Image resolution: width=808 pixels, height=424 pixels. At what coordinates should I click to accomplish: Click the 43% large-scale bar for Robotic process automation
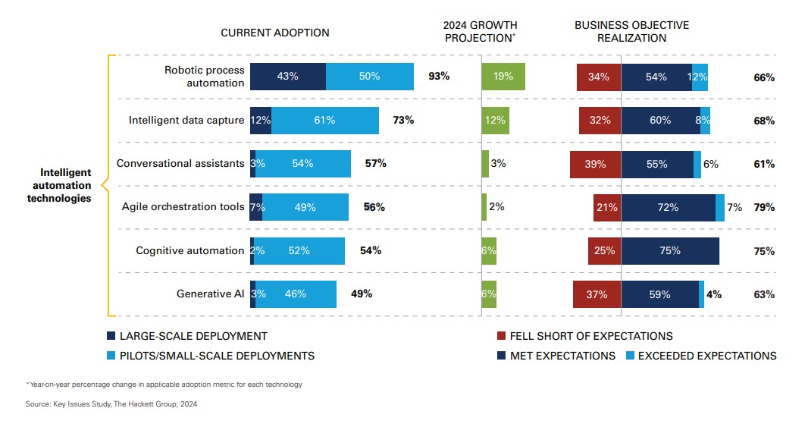tap(288, 77)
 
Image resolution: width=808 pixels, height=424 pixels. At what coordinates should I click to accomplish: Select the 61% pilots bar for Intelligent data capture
tap(325, 121)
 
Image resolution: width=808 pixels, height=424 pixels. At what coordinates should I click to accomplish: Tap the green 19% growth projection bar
tap(503, 77)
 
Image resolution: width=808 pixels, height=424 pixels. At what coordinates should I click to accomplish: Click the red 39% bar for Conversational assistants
tap(596, 164)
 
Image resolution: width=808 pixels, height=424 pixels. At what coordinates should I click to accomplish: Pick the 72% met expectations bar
tap(668, 207)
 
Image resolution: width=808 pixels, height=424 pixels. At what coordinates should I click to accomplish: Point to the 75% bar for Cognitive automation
tap(670, 250)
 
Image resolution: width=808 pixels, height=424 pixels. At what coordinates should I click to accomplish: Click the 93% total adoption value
tap(439, 77)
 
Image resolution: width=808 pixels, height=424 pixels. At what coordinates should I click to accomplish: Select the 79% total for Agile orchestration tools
tap(764, 207)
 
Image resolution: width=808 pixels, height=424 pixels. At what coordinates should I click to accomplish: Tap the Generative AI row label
tap(210, 294)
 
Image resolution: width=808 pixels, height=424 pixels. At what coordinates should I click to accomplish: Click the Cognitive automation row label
tap(189, 250)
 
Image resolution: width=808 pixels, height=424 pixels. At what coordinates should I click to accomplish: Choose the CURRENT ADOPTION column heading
tap(275, 33)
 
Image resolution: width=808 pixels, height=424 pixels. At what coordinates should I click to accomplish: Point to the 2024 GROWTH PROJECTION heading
tap(481, 32)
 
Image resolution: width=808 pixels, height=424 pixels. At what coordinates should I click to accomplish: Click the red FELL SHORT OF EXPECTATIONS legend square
tap(501, 336)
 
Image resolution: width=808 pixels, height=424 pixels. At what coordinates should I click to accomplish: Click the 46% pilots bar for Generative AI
tap(296, 294)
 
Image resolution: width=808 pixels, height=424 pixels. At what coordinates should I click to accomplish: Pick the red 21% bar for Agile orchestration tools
tap(607, 207)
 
